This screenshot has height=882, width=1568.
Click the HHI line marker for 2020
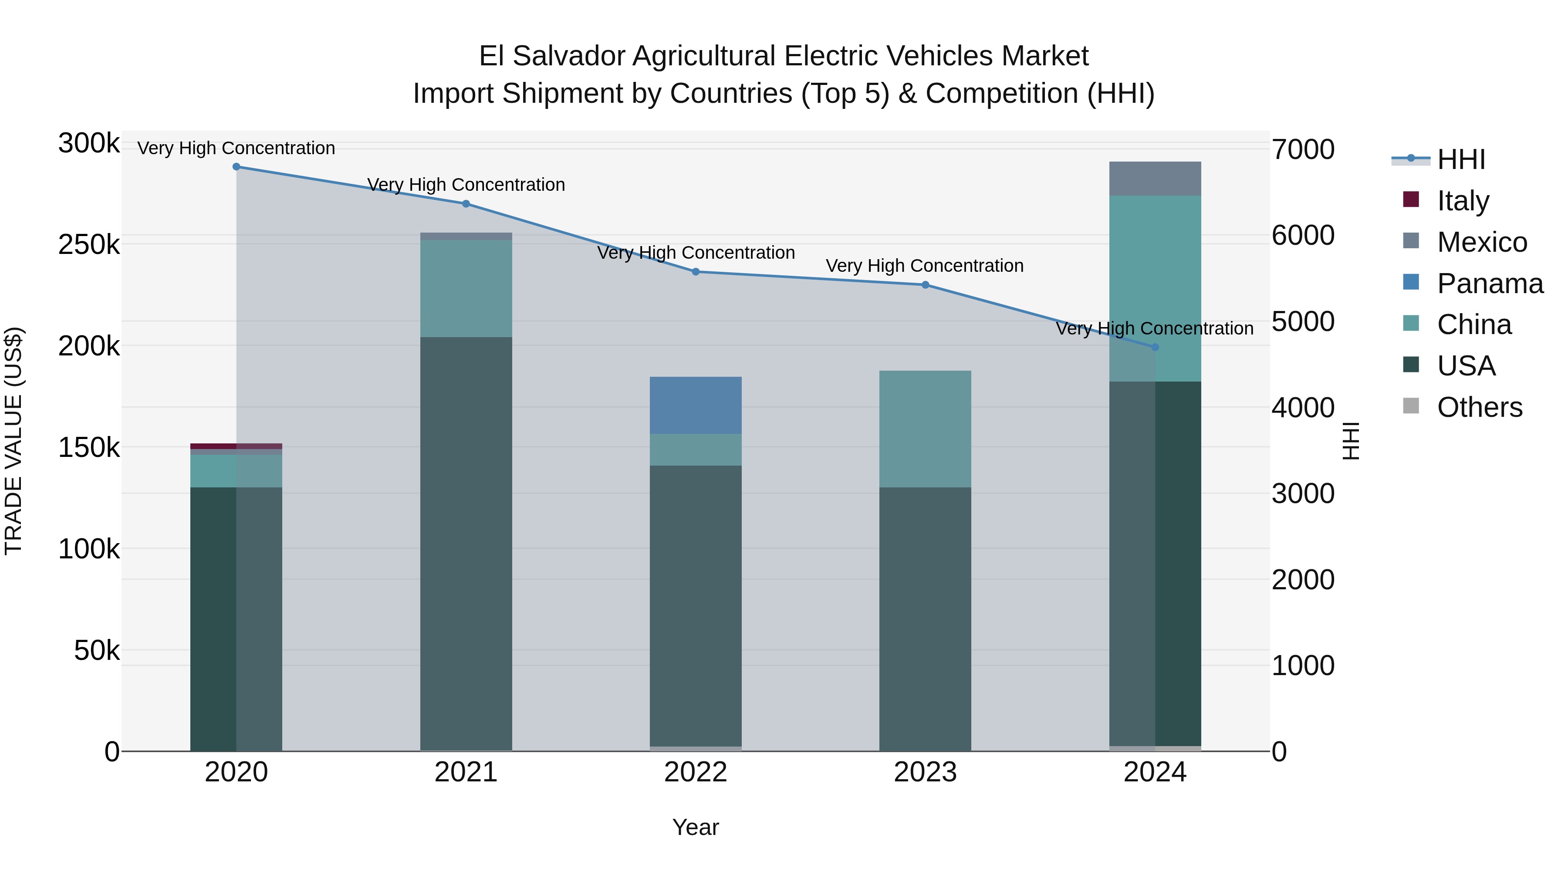[x=236, y=167]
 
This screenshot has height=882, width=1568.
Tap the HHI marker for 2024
[x=1155, y=348]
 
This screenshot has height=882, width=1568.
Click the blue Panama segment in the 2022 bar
[x=696, y=406]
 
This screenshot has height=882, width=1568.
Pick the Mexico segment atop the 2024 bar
[x=1155, y=178]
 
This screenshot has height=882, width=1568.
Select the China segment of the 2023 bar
[x=925, y=429]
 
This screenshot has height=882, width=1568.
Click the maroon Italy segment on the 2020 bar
[x=236, y=446]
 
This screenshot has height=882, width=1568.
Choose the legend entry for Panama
[x=1490, y=284]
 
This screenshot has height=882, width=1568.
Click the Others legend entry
[x=1479, y=407]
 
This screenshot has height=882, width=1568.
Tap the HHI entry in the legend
[x=1461, y=159]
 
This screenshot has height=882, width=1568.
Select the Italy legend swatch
[x=1411, y=199]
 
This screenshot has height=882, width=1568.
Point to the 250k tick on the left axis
[x=89, y=245]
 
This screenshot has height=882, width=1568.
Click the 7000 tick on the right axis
[x=1303, y=150]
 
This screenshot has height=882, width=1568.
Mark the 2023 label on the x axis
[x=925, y=772]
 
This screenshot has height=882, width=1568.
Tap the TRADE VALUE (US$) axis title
[x=14, y=441]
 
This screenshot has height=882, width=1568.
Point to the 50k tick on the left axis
[x=96, y=651]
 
